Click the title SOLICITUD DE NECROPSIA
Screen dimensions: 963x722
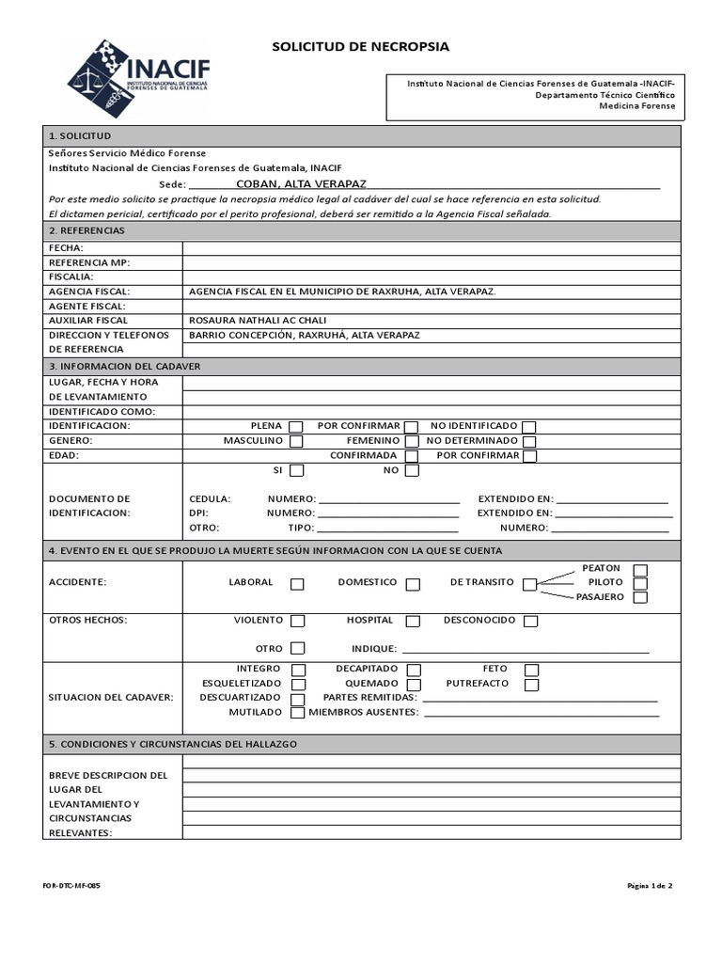click(361, 46)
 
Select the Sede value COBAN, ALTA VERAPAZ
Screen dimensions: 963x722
click(301, 184)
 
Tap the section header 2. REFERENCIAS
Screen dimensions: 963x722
click(86, 230)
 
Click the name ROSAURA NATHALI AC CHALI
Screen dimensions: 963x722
click(252, 321)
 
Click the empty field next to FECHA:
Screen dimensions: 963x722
click(431, 247)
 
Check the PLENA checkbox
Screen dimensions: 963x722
click(296, 427)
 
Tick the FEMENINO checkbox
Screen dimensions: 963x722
click(412, 441)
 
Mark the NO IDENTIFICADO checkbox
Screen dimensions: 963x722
click(529, 427)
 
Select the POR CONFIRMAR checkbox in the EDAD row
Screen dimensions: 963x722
click(529, 456)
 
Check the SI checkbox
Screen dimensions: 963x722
click(296, 470)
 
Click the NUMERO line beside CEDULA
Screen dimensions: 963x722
click(388, 499)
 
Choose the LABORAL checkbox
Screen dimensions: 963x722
click(297, 584)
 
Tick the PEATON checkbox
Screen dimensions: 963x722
click(640, 570)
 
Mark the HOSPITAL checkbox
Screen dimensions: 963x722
click(413, 622)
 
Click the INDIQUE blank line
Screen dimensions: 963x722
click(525, 649)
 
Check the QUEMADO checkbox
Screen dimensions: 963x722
click(413, 685)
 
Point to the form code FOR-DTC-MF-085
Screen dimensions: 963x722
click(71, 886)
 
